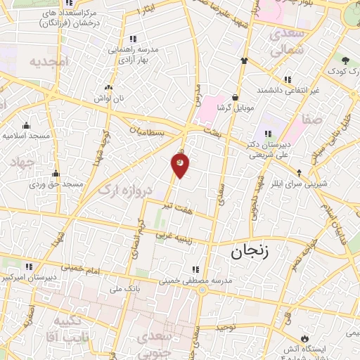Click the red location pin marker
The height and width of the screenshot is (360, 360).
click(x=180, y=165)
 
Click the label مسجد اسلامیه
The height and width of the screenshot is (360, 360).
click(x=25, y=134)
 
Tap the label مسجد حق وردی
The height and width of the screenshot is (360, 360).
click(x=56, y=184)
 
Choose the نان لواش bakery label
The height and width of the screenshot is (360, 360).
click(x=109, y=99)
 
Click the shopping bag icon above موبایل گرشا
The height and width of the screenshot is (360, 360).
click(x=235, y=98)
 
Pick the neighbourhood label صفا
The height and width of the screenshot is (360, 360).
click(x=312, y=120)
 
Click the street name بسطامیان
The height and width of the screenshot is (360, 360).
click(x=149, y=131)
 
